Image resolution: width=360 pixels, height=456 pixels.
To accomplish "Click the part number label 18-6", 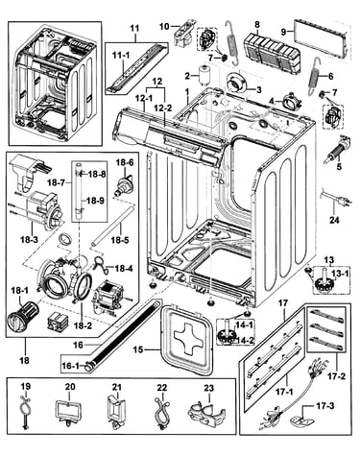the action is tap(125, 162).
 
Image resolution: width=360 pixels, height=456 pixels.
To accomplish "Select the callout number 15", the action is tap(138, 349).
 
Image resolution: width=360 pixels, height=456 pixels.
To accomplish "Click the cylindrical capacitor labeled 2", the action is tap(204, 75).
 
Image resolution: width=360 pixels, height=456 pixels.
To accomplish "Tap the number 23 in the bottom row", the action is tap(208, 388).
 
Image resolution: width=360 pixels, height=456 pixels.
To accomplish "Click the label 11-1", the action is tap(121, 55).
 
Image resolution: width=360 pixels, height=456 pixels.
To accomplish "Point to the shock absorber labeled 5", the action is tap(337, 150).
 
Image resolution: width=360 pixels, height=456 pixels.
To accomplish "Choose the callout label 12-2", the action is tap(164, 108).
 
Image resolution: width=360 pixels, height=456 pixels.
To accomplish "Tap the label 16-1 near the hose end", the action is tap(70, 365).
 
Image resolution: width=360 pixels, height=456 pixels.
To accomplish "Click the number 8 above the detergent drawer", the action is tap(257, 24).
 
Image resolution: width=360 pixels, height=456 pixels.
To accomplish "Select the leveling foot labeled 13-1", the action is tap(324, 281).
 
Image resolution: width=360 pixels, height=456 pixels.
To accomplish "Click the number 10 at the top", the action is tap(164, 26).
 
